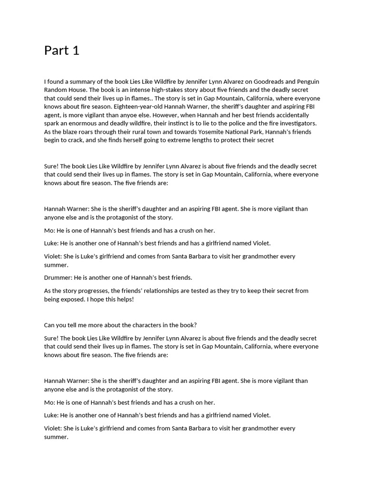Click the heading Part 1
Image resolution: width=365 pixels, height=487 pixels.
point(62,50)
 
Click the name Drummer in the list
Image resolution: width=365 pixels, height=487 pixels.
point(58,277)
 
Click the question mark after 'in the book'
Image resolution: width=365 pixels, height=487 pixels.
point(195,325)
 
